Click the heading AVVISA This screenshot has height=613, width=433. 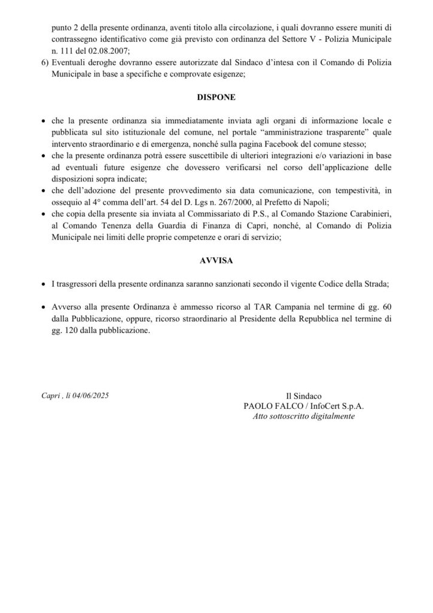pos(216,262)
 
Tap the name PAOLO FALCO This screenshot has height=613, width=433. pos(267,405)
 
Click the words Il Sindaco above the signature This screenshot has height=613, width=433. pos(304,396)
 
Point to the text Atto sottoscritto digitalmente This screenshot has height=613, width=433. pos(304,415)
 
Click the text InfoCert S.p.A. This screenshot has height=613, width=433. pos(339,405)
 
